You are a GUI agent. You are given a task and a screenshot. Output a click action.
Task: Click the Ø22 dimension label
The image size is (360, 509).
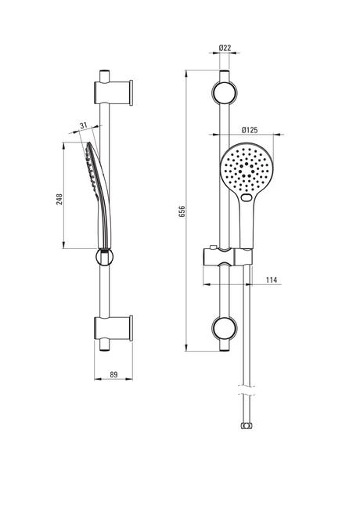pos(225,48)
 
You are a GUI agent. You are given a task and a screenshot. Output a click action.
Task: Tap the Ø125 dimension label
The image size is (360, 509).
pos(250,130)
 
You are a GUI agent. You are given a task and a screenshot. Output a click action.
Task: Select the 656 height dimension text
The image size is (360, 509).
pos(182,211)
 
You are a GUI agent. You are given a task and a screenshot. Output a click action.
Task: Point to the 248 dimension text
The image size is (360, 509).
pos(59,200)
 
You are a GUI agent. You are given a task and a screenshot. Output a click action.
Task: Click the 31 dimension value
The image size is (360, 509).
pos(84,125)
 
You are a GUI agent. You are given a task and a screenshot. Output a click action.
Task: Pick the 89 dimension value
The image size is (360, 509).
pos(113,374)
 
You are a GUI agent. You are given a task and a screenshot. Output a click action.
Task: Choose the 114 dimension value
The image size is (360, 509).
pos(272,280)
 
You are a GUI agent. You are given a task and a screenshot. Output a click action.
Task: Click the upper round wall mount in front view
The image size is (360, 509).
pos(225,92)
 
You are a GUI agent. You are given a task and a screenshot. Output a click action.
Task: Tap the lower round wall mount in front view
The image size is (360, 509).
pos(225,328)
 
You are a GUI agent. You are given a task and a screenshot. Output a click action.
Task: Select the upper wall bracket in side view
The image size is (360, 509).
pos(113,93)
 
